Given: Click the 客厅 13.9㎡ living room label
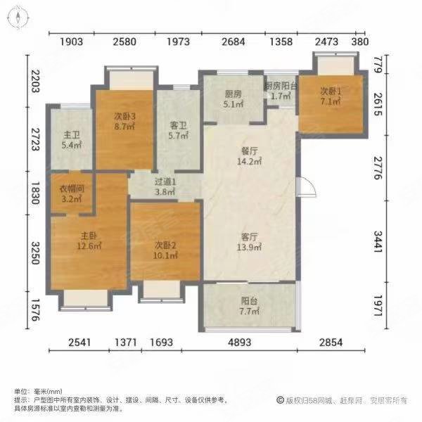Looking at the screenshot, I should [x=250, y=241].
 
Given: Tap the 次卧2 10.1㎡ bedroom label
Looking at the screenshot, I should [x=165, y=250].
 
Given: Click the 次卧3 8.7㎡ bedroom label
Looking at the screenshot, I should [x=124, y=122].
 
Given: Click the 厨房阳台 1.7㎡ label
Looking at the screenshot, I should [x=281, y=91].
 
